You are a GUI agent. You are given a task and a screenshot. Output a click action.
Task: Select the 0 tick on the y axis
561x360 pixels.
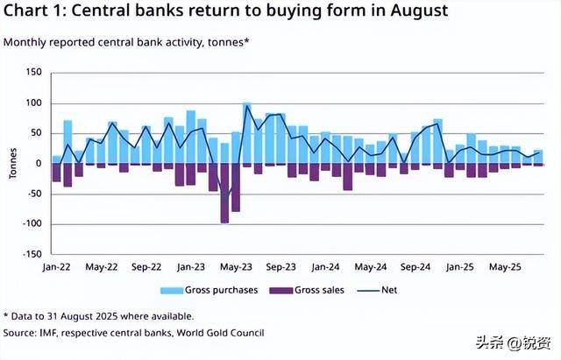[38, 164]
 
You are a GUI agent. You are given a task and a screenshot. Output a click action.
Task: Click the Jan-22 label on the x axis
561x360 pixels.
[56, 266]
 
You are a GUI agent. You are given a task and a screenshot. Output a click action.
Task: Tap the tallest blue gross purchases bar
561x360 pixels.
[247, 133]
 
